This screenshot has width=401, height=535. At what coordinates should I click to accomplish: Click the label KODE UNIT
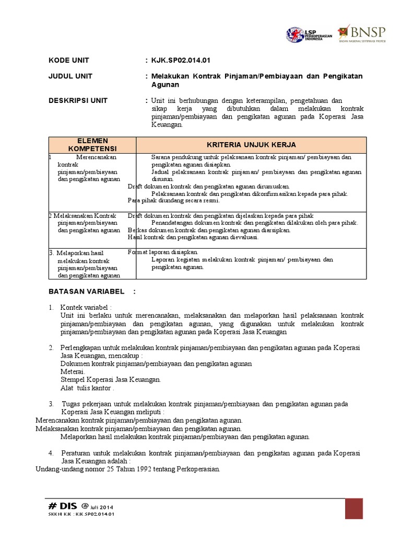pos(69,60)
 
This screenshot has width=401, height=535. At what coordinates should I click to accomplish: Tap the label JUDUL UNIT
pos(70,76)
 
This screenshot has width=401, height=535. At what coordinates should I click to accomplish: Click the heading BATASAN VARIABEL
pos(86,292)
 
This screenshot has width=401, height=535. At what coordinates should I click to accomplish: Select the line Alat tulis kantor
pos(87,388)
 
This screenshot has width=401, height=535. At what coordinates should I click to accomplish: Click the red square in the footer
pos(353,508)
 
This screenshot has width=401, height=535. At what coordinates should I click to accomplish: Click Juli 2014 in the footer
pos(102,507)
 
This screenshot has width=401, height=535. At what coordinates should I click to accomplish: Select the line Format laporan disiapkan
pos(163,252)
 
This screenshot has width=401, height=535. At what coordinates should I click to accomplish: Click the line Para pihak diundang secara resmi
pos(174,200)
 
